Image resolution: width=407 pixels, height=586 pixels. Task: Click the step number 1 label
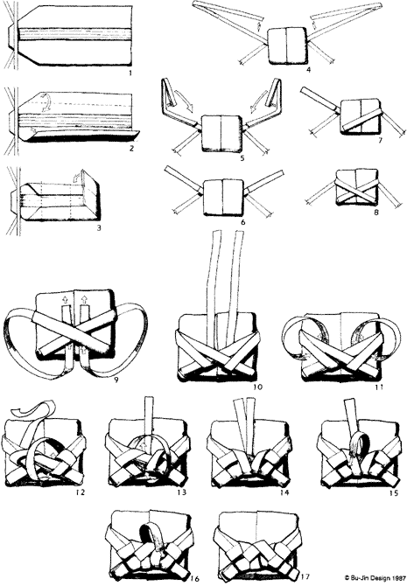coord(130,73)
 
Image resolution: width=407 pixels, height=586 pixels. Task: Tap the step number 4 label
coord(308,70)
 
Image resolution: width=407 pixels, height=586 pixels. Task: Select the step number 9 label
coord(116,380)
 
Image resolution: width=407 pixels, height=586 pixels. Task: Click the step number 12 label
coord(80,492)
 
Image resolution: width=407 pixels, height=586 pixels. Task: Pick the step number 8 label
coord(376,213)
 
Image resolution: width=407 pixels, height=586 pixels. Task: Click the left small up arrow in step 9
coord(65,298)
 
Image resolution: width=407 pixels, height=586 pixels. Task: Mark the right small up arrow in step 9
coord(85,298)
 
